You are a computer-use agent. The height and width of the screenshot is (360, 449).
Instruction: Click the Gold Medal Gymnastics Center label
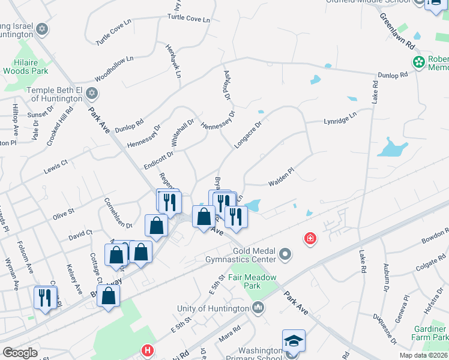point(242,254)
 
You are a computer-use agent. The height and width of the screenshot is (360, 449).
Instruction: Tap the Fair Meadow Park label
point(252,281)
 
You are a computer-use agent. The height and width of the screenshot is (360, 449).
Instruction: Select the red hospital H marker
point(146,350)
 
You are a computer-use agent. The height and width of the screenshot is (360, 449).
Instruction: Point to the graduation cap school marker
point(294,341)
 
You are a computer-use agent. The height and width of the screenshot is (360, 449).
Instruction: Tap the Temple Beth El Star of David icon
point(91,93)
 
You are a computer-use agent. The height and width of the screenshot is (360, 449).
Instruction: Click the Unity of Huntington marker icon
point(258,308)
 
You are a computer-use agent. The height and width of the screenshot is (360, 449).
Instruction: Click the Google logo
point(20,352)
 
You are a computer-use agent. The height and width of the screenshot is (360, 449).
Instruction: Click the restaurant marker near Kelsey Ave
point(46,298)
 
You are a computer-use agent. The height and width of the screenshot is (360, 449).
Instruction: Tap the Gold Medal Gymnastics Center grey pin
point(285,255)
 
